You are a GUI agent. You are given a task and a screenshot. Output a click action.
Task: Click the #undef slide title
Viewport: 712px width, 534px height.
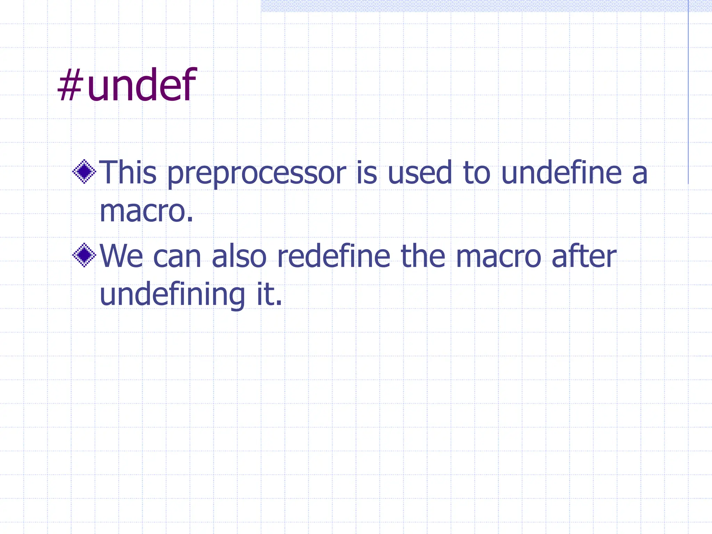127,85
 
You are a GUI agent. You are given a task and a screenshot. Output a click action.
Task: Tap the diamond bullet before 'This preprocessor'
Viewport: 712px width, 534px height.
84,171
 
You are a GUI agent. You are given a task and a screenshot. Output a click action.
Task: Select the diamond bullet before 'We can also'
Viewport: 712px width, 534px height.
84,255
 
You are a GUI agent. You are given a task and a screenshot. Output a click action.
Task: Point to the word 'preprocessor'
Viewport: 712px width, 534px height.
257,174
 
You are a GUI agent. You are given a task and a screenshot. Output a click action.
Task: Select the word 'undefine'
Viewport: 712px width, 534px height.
561,172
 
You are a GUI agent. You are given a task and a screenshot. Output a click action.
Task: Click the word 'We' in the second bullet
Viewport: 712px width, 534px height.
121,257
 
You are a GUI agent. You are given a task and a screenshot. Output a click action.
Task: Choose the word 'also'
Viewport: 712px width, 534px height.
239,257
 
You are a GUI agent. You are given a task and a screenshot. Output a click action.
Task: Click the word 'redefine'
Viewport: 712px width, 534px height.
334,257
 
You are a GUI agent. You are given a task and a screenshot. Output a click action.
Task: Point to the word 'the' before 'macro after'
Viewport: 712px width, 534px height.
423,257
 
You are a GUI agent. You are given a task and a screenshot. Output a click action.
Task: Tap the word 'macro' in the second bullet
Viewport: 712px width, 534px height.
499,258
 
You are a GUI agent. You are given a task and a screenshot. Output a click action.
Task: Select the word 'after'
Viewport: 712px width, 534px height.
584,257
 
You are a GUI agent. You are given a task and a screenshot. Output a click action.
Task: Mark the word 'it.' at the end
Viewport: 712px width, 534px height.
269,295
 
